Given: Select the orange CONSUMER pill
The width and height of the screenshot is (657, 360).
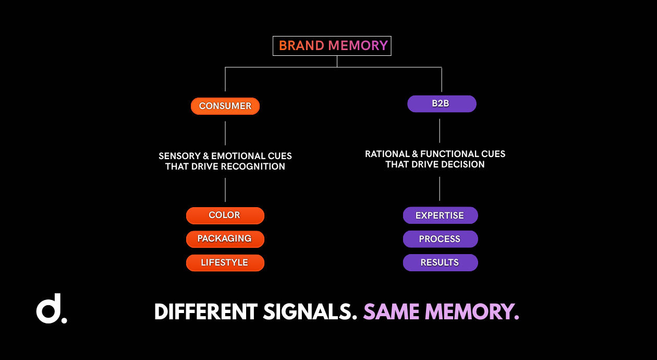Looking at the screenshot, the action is pos(225,106).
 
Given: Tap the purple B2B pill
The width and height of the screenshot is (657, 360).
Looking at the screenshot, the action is pos(442,104).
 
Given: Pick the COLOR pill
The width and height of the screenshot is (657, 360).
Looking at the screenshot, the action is pos(225,215).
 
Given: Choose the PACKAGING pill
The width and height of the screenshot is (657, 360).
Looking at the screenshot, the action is pos(225,239).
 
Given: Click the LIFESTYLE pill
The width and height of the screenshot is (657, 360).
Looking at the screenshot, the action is pos(225,262).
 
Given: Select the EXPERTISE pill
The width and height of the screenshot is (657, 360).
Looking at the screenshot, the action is pos(440,215).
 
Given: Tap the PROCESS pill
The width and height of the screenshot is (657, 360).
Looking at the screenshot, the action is pos(440,239).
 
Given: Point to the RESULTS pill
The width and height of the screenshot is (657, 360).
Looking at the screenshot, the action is pos(440,262).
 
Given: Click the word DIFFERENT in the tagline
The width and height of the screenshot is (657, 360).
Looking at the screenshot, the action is pos(206,311).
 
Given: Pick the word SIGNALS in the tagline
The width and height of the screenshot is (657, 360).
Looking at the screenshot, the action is pos(310,311).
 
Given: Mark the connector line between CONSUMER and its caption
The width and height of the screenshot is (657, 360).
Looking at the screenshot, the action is pos(225,133).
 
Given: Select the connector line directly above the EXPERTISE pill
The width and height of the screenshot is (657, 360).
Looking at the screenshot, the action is pos(440,189).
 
